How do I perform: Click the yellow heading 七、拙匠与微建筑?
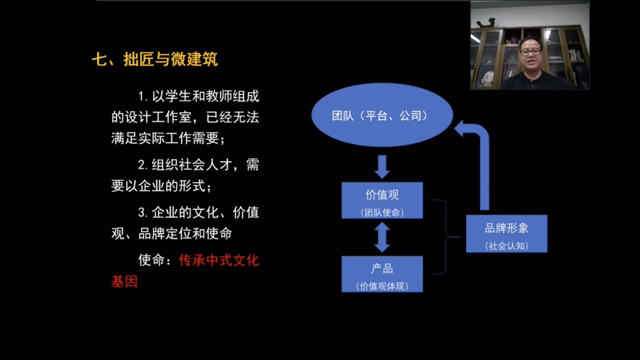click(155, 59)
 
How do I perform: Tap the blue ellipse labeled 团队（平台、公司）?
click(382, 115)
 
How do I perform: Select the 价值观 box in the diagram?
click(382, 200)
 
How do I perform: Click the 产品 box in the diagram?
click(382, 274)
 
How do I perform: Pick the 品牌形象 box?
click(507, 234)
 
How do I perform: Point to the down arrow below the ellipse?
click(382, 167)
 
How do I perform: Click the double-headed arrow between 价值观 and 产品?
click(382, 237)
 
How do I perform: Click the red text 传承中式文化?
click(219, 260)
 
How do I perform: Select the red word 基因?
click(124, 282)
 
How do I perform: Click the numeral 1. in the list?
click(143, 96)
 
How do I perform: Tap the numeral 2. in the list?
click(143, 165)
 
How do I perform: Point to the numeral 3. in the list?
click(143, 212)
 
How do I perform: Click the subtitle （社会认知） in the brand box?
click(507, 246)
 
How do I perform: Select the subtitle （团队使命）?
click(382, 212)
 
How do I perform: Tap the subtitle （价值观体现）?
click(382, 286)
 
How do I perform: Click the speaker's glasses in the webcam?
click(530, 52)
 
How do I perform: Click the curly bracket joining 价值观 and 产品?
click(446, 237)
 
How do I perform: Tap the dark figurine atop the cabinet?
click(486, 23)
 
